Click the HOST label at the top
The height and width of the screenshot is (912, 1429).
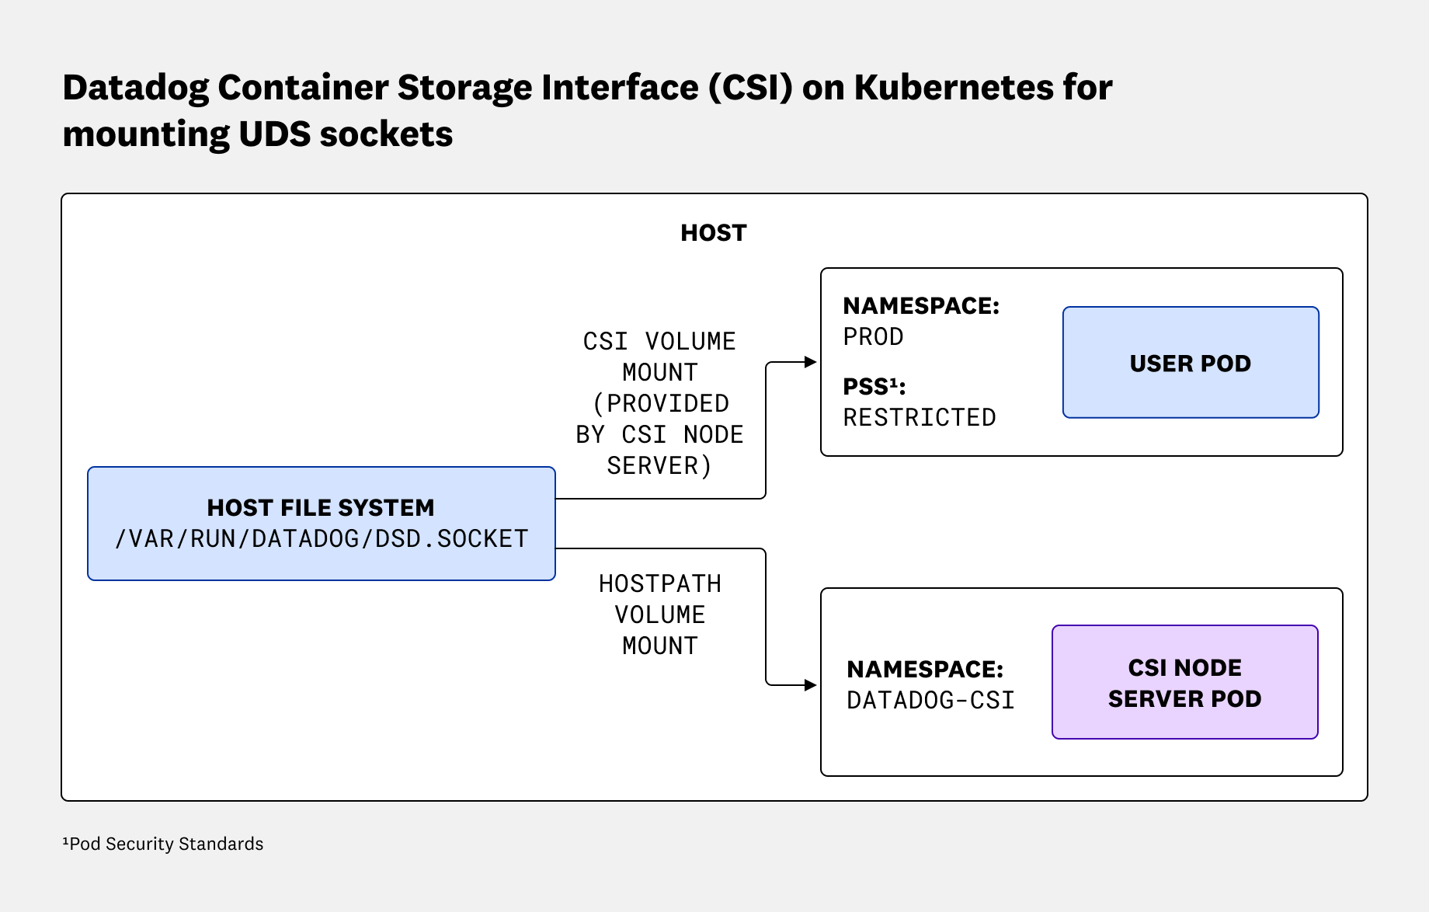713,233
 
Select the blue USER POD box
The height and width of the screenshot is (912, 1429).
1190,363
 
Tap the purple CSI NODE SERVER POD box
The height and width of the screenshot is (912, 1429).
1184,682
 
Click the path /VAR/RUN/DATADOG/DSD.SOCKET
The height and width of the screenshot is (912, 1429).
321,538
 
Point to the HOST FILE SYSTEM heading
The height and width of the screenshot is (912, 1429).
321,507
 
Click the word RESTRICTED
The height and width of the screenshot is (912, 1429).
919,418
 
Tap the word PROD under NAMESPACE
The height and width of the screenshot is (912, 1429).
873,337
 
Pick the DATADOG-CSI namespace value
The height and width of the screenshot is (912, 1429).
930,701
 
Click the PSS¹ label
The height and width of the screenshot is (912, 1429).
874,386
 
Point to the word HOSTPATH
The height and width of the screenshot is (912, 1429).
659,584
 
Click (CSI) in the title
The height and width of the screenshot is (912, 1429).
750,87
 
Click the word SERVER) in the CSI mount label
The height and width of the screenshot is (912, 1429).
659,466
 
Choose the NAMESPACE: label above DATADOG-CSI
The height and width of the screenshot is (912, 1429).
924,669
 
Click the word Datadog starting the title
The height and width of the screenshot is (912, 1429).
135,87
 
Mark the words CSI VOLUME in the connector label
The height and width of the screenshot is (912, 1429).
659,342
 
